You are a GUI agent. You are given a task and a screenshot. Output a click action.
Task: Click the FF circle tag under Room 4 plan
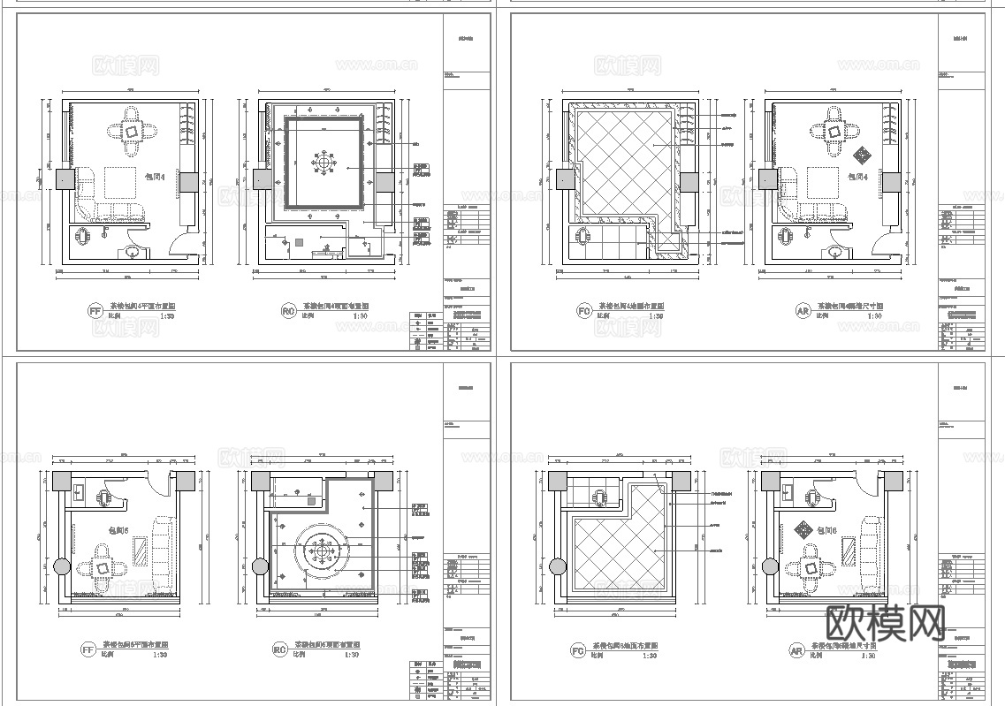[94, 310]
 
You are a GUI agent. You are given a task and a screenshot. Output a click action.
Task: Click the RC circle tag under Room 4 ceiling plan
[288, 310]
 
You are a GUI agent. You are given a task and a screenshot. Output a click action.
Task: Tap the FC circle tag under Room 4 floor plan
[583, 310]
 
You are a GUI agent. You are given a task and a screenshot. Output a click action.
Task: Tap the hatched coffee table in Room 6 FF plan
[141, 555]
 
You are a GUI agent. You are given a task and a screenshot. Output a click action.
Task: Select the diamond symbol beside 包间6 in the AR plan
[803, 530]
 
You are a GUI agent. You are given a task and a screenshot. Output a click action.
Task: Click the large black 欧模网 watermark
[885, 624]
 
